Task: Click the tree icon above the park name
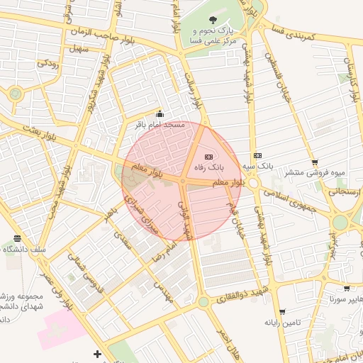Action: pos(215,19)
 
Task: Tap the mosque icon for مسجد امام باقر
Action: pos(160,114)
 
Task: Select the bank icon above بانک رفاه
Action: pos(208,156)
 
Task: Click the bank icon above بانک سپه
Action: pos(257,155)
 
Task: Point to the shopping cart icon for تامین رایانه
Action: pos(282,312)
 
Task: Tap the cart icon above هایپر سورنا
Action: pos(347,289)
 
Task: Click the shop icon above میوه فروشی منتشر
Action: pos(315,162)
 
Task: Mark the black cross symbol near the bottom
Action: pos(97,354)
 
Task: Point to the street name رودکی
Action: pos(48,63)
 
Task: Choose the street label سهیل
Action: pos(77,49)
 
